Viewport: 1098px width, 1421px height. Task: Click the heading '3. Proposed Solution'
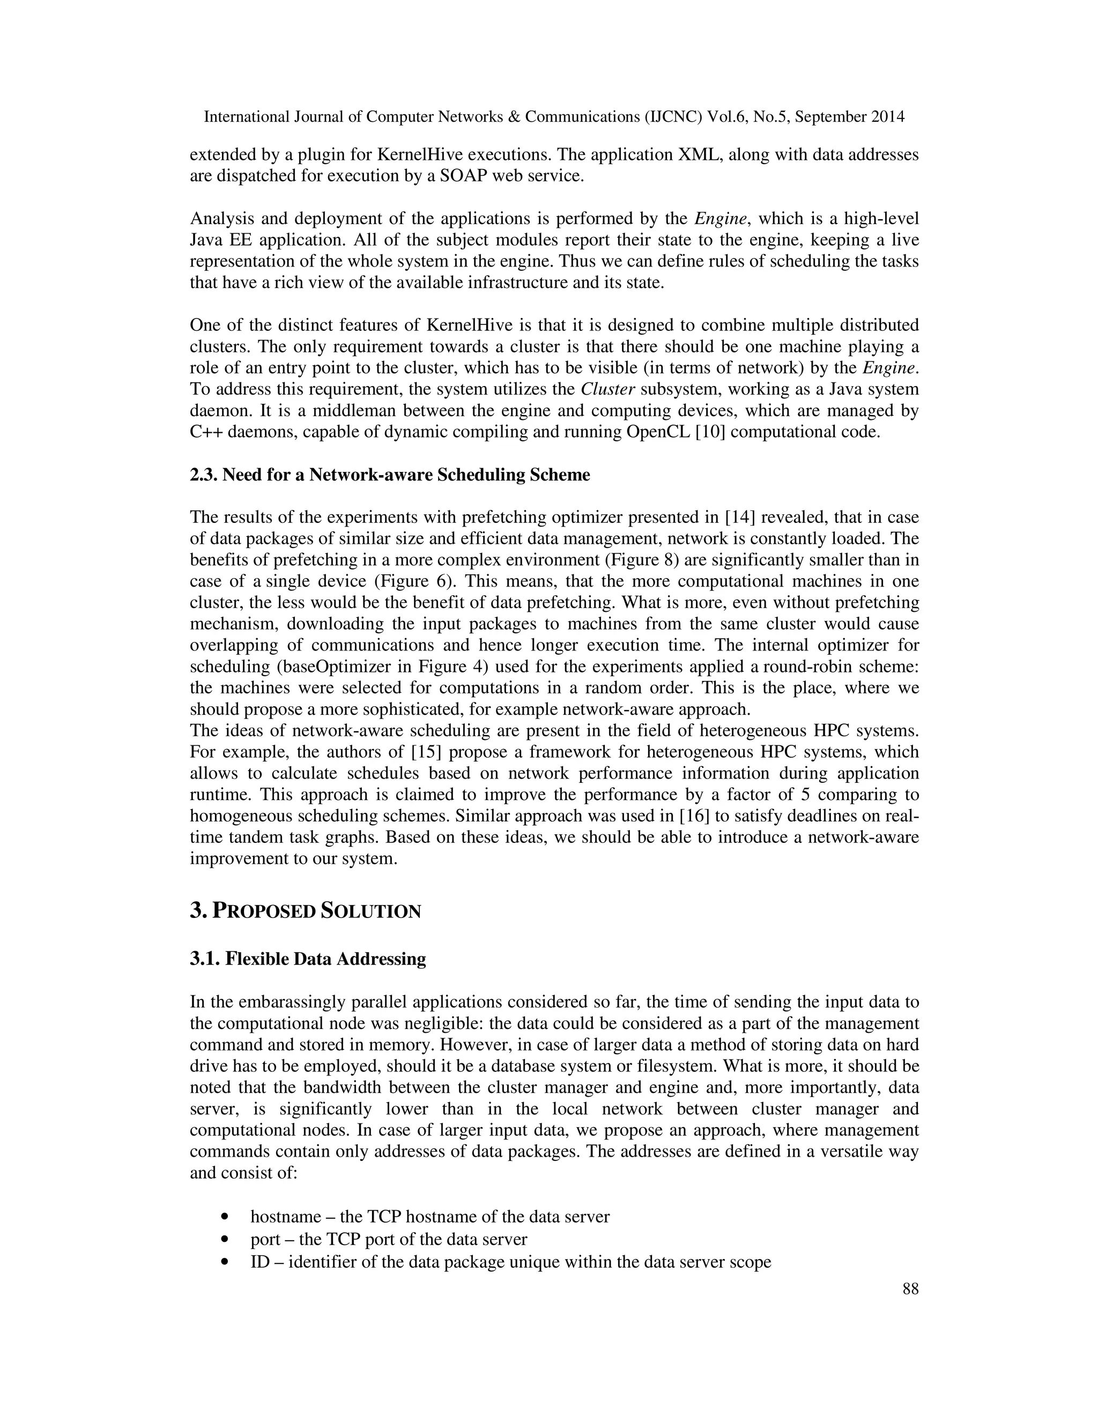pyautogui.click(x=305, y=911)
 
